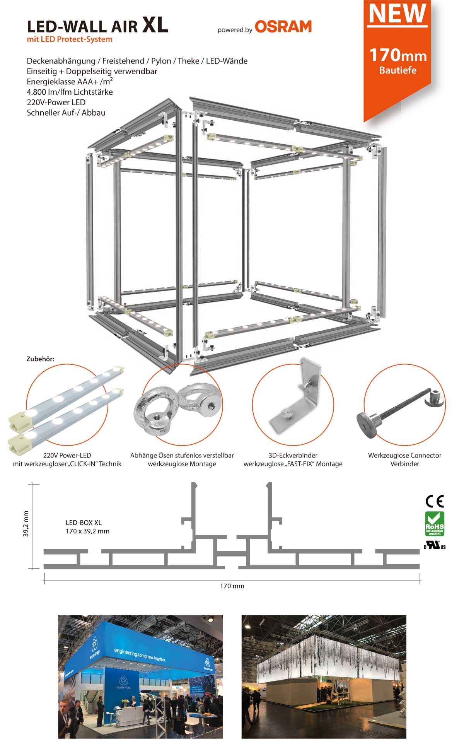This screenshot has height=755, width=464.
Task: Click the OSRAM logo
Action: click(283, 27)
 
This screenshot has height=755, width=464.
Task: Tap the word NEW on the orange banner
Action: click(397, 14)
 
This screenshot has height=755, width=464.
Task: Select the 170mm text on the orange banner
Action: click(397, 55)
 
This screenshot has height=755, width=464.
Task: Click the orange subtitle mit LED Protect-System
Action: click(70, 39)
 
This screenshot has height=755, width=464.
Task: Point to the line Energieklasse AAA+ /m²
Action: click(70, 82)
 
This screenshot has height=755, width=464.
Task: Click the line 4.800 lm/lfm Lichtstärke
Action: click(70, 92)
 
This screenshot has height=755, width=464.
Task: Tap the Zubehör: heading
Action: click(40, 359)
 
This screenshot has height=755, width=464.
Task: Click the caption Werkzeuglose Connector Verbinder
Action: click(404, 459)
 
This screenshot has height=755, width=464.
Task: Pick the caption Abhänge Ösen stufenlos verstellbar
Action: click(182, 456)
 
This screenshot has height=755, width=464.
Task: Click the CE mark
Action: click(435, 501)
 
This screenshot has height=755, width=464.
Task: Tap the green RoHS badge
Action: click(435, 523)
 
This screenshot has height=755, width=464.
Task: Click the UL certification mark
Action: click(435, 545)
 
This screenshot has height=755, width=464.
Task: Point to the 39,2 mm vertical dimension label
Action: click(26, 524)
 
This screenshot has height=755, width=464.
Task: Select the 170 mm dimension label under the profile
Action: click(232, 586)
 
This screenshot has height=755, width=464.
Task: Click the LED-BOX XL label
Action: click(84, 523)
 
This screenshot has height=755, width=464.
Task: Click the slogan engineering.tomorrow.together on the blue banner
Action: click(140, 654)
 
